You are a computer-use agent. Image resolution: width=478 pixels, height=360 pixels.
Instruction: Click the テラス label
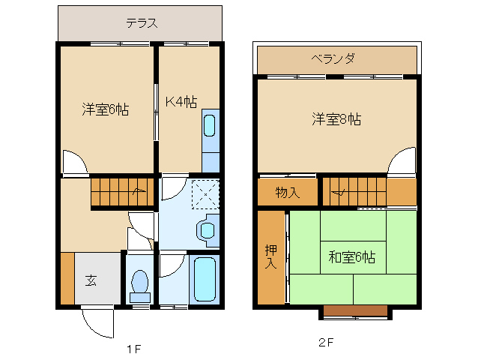tap(141, 22)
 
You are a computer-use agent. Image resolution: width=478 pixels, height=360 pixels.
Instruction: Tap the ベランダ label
tap(333, 58)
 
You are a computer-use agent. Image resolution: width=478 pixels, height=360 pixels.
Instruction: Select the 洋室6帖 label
tap(105, 109)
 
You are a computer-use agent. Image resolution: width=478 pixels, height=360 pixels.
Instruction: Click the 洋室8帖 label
tap(336, 118)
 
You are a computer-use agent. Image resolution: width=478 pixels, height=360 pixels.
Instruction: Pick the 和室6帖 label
tap(351, 257)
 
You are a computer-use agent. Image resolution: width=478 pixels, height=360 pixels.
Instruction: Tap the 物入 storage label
tap(287, 192)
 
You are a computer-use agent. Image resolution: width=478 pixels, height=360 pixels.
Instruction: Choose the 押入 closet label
tap(270, 256)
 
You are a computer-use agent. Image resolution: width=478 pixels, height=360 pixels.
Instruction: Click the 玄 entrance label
tap(91, 280)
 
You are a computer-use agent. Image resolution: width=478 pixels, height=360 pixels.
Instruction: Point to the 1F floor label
tap(133, 349)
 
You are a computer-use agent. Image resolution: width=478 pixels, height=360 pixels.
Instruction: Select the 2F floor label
tap(325, 343)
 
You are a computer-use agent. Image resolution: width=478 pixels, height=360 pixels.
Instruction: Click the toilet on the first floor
tap(139, 283)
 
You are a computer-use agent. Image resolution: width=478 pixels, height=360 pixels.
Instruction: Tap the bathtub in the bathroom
tap(204, 278)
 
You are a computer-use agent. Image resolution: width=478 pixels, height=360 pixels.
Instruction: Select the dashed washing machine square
tap(205, 193)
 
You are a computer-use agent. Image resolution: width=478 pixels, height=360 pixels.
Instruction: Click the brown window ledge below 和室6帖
tap(355, 310)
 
